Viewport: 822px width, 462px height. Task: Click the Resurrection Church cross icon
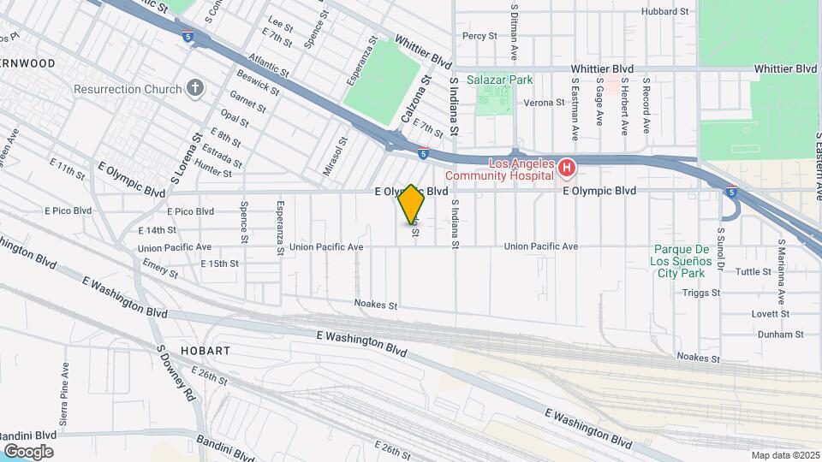[195, 89]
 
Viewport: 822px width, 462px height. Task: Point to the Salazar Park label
[500, 80]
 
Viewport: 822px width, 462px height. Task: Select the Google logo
[28, 451]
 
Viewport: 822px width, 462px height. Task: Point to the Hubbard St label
[666, 12]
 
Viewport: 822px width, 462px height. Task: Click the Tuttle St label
[753, 271]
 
